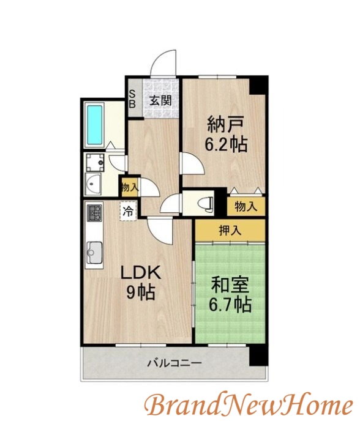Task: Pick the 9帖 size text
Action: tap(140, 292)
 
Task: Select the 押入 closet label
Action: tap(230, 231)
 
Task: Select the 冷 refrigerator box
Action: tap(129, 212)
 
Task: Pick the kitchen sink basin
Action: tap(96, 250)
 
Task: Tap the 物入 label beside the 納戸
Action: tap(246, 207)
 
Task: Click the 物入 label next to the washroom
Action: tap(129, 186)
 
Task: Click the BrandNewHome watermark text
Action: tap(249, 405)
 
